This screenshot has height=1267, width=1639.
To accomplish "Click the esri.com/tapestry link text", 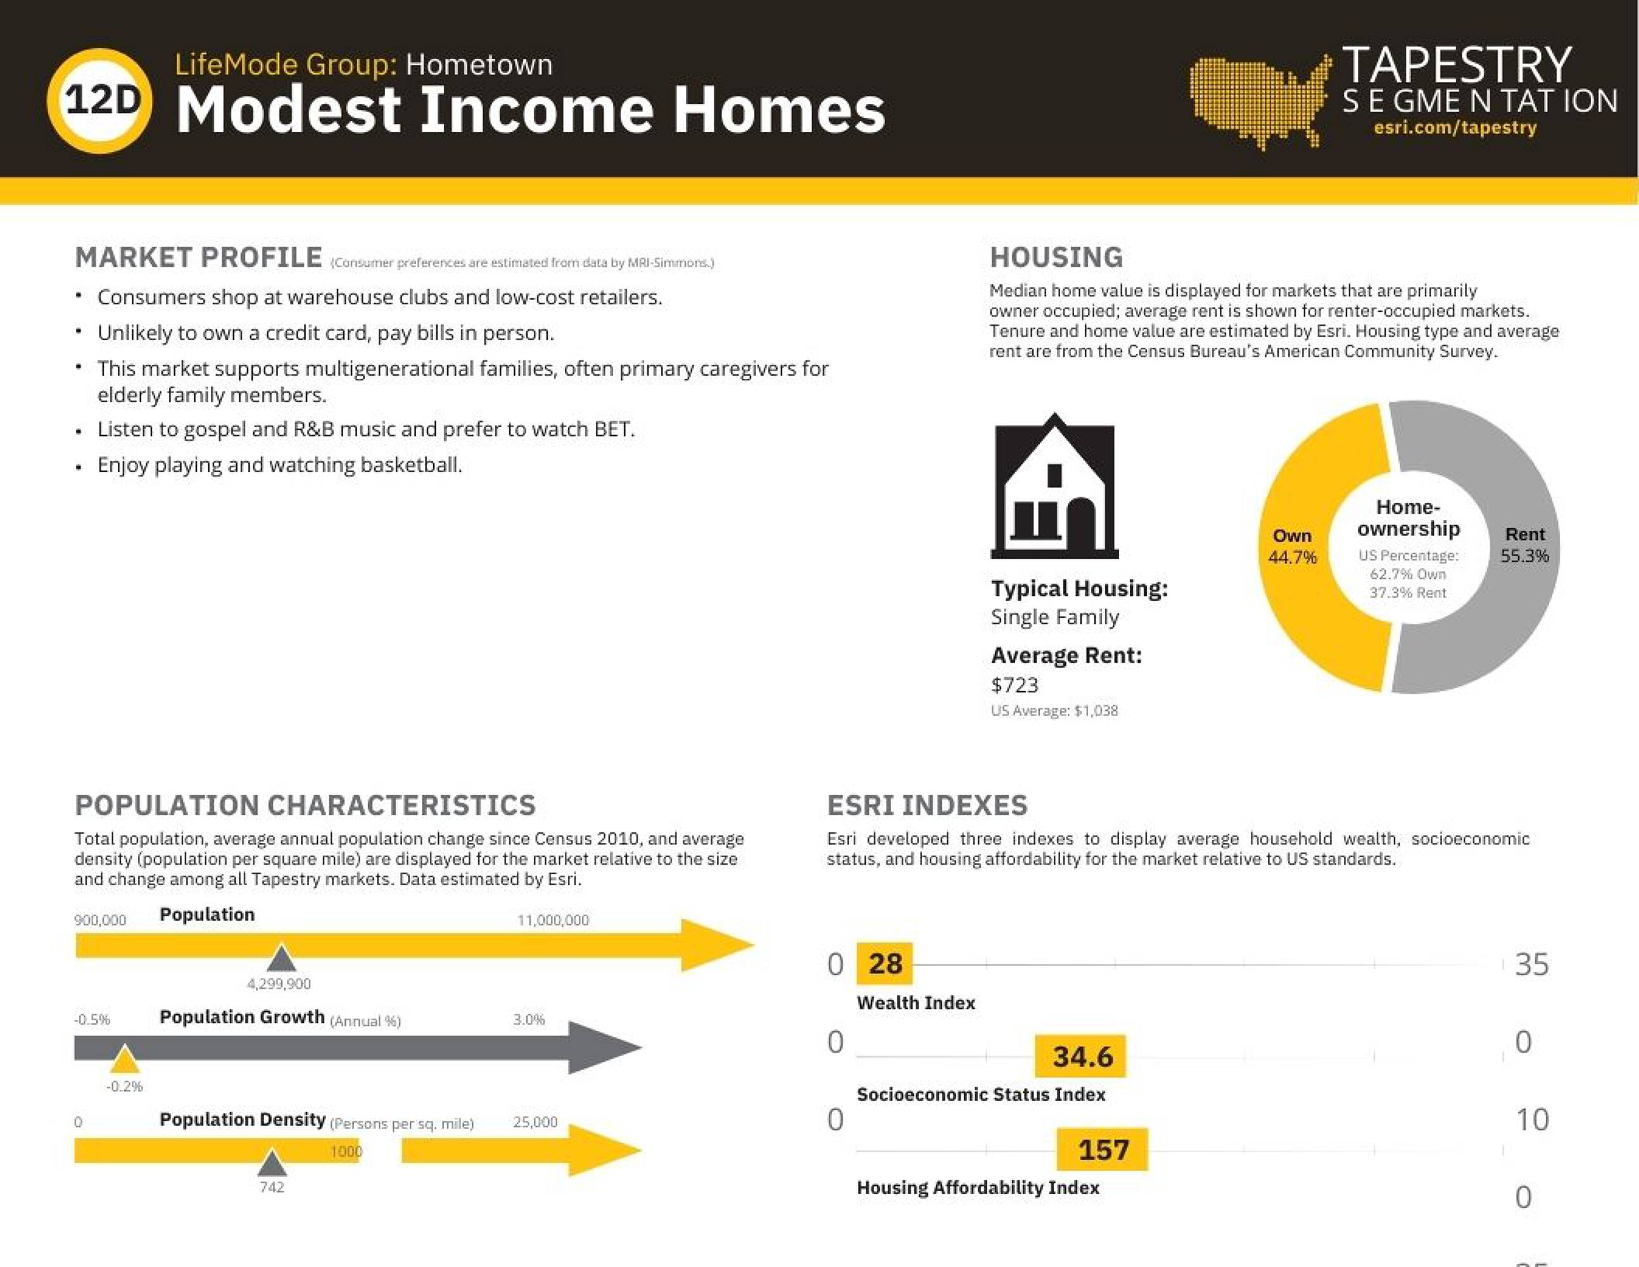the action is click(x=1455, y=127).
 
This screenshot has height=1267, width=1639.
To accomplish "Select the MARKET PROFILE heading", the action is click(x=199, y=257).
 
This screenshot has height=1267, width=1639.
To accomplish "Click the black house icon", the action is click(x=1054, y=486).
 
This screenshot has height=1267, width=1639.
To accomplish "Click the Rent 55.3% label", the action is click(x=1525, y=545).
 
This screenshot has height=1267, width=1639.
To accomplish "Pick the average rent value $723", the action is click(x=1015, y=685).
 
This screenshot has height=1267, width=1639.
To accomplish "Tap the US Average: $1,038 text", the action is click(x=1054, y=711).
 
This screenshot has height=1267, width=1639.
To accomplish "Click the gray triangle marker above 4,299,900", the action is click(x=281, y=958).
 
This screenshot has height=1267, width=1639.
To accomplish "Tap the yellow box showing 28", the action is click(x=885, y=964).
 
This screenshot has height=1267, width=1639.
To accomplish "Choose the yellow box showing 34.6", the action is click(x=1080, y=1056).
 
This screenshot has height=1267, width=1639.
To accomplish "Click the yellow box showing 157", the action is click(x=1103, y=1149).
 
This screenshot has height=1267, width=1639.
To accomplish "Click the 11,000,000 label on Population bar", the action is click(x=553, y=920).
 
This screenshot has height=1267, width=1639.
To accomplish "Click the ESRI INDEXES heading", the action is click(x=927, y=805).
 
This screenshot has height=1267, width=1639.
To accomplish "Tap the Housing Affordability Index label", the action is click(x=978, y=1187).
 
